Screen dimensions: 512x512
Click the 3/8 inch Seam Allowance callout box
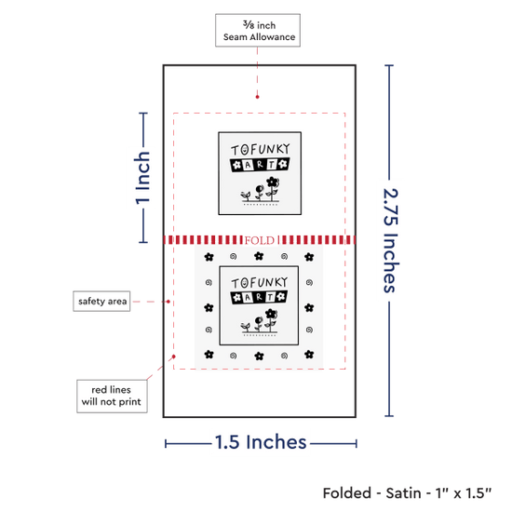[258, 30]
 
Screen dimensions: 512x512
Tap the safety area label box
[101, 301]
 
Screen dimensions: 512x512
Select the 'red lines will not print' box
[112, 396]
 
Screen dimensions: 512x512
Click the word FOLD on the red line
[260, 240]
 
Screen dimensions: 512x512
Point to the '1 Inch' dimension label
[142, 178]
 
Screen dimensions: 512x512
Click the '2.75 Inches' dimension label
[390, 240]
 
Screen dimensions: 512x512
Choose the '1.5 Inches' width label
[261, 442]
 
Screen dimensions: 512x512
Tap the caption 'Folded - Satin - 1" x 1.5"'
[407, 493]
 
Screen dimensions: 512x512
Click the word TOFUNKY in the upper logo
[261, 150]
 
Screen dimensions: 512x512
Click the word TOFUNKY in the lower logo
[260, 283]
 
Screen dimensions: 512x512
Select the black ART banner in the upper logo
[260, 165]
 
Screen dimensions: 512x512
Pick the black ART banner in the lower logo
[259, 297]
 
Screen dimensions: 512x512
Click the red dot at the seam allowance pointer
[257, 97]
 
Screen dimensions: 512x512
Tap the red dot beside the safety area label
[168, 302]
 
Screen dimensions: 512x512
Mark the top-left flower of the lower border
[209, 257]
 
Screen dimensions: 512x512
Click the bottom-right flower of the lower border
[309, 354]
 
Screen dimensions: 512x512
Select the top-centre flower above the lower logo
[259, 256]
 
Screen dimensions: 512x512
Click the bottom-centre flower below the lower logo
[259, 356]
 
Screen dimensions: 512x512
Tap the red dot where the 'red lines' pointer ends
[174, 357]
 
